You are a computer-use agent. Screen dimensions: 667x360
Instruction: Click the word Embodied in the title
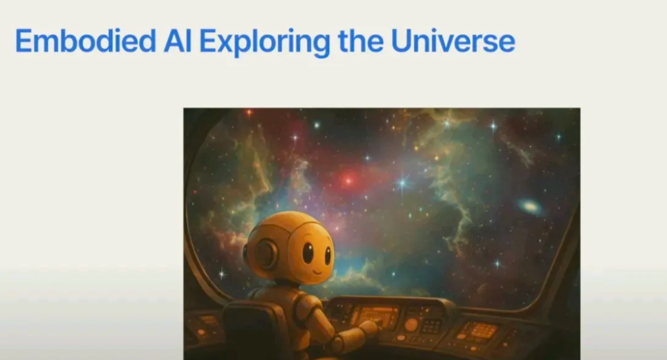[x=86, y=41]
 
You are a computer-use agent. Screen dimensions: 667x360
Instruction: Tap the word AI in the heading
[x=177, y=41]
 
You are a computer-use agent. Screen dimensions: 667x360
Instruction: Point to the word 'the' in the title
[x=360, y=41]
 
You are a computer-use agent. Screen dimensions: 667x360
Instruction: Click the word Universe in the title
[x=453, y=41]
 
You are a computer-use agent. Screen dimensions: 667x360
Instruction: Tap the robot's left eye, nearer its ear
[x=308, y=252]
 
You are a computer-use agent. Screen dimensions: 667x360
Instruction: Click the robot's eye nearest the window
[x=328, y=255]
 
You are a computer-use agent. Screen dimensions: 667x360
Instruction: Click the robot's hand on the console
[x=369, y=328]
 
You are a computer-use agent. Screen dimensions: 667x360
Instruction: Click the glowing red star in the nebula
[x=348, y=181]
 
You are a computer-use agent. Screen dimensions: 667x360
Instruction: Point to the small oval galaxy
[x=530, y=207]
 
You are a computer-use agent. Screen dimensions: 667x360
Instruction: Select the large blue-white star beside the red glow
[x=402, y=183]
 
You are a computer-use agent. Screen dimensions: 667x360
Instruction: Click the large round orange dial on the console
[x=411, y=325]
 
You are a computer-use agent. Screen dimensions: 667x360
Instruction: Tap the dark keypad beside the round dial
[x=431, y=326]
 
